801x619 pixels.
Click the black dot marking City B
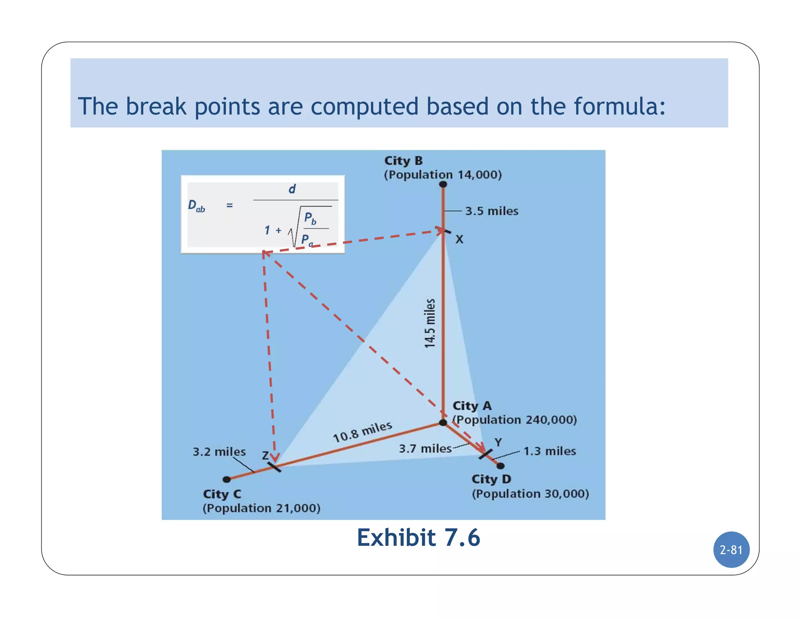point(443,184)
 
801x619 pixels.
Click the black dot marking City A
point(443,423)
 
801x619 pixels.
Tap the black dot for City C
point(226,479)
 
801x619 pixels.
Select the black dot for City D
point(500,466)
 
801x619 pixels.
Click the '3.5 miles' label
point(492,211)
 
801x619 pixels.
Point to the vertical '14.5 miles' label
point(430,323)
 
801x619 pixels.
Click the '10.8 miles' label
point(362,432)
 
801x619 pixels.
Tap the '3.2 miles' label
point(219,452)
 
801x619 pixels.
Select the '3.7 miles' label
point(425,448)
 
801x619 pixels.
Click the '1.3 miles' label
point(550,451)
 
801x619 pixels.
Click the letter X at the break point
point(459,239)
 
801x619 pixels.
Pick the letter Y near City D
point(498,442)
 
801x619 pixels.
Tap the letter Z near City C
point(265,455)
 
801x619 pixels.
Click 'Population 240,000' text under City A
point(515,420)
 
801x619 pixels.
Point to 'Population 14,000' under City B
point(442,175)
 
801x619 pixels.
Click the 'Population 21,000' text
point(261,508)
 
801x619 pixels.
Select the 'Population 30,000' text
point(530,494)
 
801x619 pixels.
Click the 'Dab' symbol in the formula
point(196,206)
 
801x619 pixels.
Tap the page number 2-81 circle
point(731,550)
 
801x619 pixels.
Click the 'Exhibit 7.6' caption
point(418,538)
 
